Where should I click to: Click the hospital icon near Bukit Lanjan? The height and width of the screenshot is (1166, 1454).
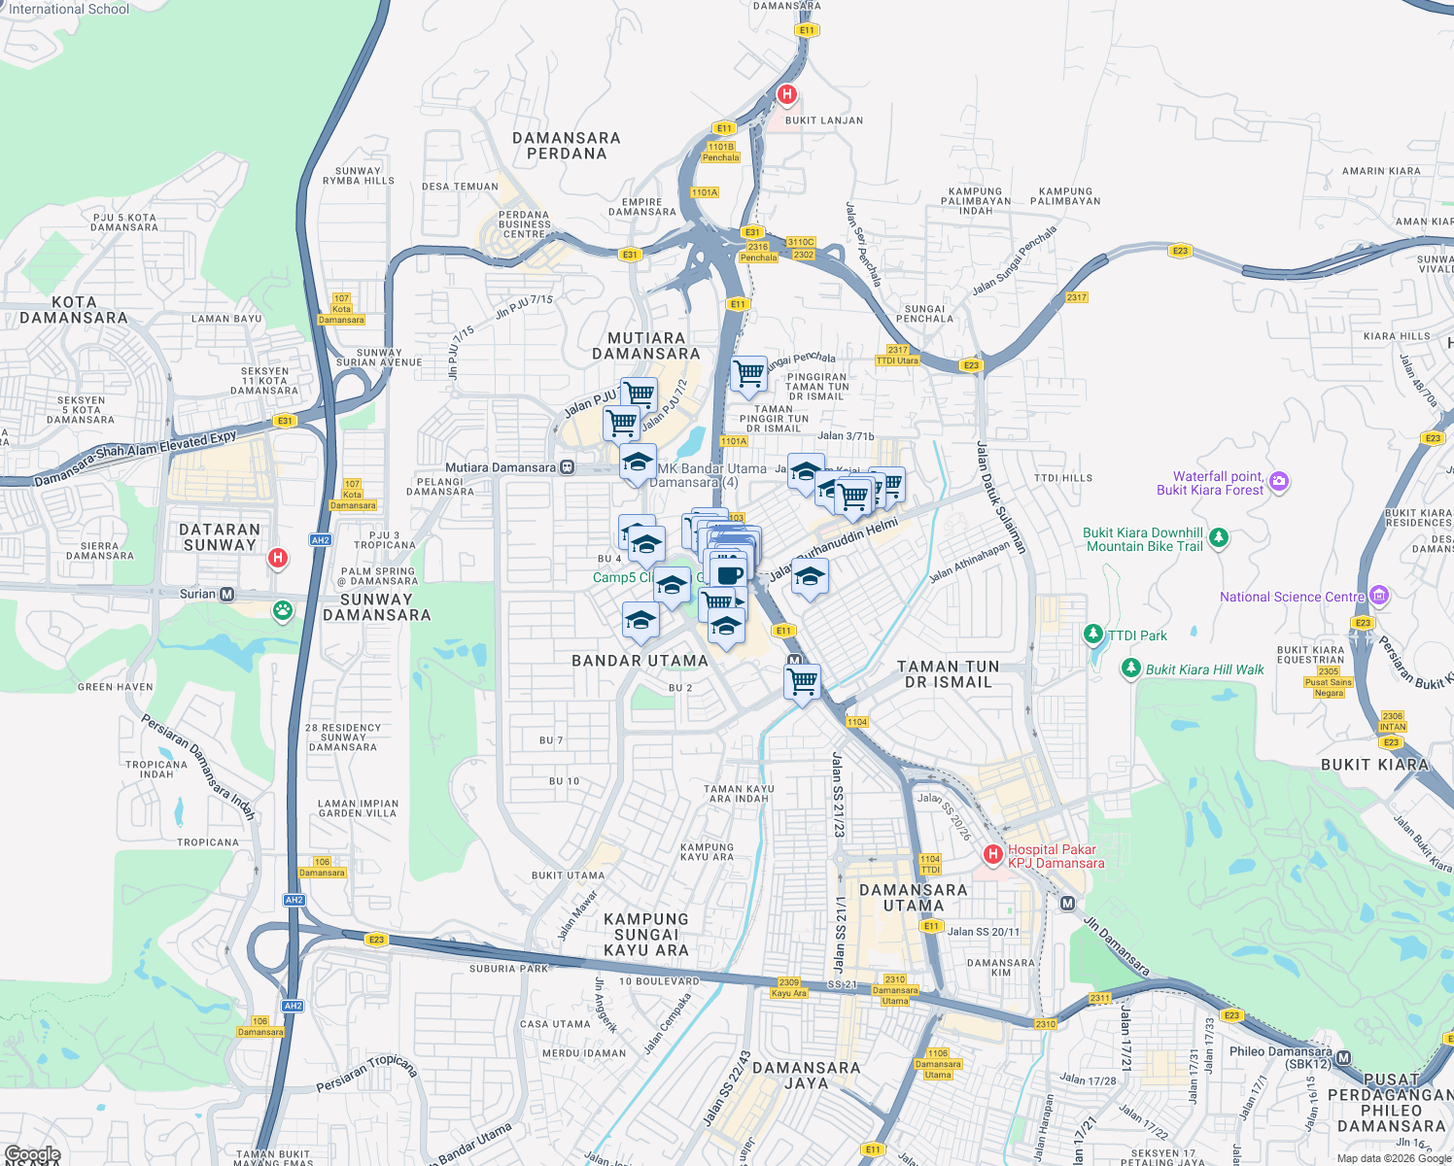point(787,95)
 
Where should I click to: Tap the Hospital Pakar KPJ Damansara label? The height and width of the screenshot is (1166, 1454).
point(1056,856)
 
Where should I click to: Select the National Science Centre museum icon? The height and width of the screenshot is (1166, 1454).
point(1379,596)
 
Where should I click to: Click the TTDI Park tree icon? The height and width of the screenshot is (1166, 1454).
point(1094,635)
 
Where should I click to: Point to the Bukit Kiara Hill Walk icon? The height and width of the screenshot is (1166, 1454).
point(1130,669)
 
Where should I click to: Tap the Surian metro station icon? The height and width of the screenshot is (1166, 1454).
point(227,594)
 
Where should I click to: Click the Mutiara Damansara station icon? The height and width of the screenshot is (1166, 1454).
point(568,467)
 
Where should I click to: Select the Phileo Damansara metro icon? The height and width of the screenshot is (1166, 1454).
point(1343,1058)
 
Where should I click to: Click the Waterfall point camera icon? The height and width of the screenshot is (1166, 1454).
point(1279,482)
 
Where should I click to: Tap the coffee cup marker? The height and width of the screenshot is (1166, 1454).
point(730,572)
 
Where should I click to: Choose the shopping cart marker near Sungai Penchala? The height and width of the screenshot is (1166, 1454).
point(748,373)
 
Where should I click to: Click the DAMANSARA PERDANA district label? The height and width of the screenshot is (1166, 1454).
point(567,146)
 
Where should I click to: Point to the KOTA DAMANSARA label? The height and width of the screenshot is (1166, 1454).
point(74,310)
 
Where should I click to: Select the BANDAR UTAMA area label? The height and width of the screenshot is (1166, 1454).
point(640,661)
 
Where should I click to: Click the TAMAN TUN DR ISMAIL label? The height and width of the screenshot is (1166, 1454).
point(948,673)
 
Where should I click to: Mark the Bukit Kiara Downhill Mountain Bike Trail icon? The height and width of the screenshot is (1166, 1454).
point(1219,537)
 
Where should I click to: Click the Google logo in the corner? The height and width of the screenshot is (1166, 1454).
point(32,1153)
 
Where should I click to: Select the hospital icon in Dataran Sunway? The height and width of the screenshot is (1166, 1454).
point(278,558)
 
